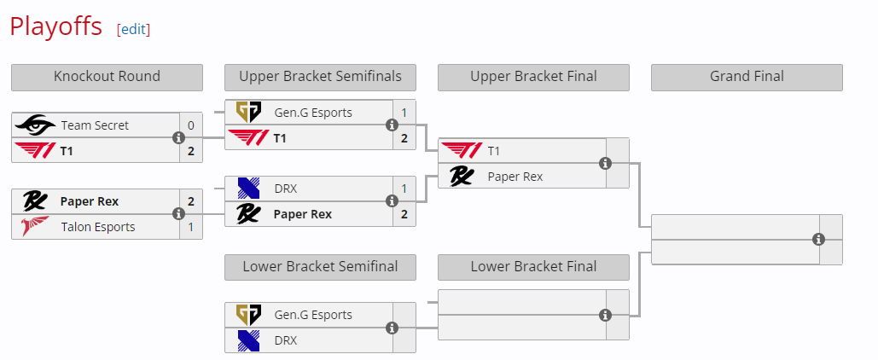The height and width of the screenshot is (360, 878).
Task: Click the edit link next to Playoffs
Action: [x=133, y=29]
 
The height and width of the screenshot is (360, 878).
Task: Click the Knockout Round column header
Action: [x=107, y=77]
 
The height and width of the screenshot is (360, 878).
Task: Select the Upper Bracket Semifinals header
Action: [x=320, y=77]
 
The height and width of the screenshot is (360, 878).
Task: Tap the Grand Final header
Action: [x=747, y=77]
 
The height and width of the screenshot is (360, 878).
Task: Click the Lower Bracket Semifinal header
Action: [x=320, y=266]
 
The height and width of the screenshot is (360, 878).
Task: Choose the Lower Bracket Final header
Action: [x=533, y=266]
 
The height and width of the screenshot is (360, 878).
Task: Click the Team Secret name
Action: [x=95, y=125]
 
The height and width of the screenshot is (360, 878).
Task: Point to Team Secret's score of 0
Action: [x=190, y=125]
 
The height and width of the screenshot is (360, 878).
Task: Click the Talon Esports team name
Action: [x=98, y=227]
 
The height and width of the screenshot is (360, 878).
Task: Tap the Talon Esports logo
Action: [x=35, y=227]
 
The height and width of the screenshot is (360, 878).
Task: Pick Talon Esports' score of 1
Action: [x=190, y=227]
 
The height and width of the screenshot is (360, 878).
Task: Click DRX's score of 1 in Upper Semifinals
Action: [x=404, y=189]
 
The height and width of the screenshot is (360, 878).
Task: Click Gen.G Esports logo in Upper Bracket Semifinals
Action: [x=248, y=113]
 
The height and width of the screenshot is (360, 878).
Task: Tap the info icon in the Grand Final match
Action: [x=818, y=240]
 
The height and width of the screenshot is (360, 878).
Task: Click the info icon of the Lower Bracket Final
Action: [x=605, y=316]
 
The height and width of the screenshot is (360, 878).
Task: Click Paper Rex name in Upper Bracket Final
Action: [x=515, y=177]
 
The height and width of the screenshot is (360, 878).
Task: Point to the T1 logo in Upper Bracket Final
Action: [x=462, y=151]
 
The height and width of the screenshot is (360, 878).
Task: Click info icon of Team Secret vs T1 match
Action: [x=178, y=137]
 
